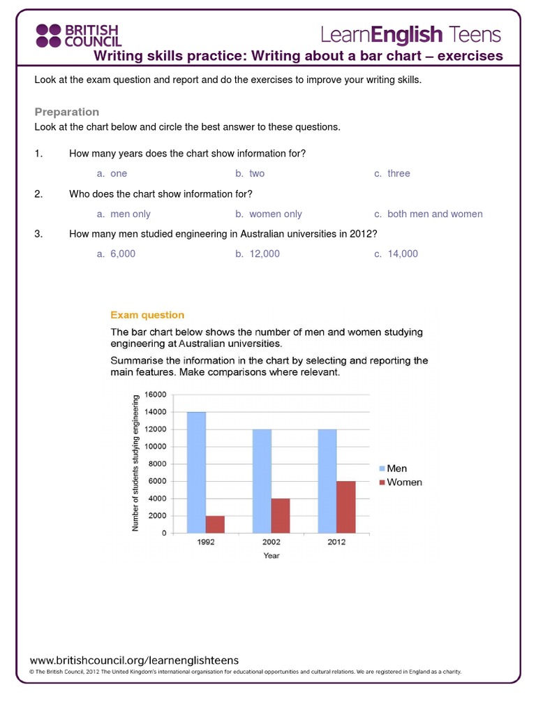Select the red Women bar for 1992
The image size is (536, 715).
215,524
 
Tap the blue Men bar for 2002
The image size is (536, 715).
262,481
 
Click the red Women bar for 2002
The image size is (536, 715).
281,515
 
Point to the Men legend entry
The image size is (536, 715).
396,469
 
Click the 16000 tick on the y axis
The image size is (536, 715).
156,395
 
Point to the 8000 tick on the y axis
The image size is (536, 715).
158,464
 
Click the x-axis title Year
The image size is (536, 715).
271,556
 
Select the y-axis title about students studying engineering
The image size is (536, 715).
136,463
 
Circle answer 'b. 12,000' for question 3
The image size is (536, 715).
258,254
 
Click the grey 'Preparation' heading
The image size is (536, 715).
67,112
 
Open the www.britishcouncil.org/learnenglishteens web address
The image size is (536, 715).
134,660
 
